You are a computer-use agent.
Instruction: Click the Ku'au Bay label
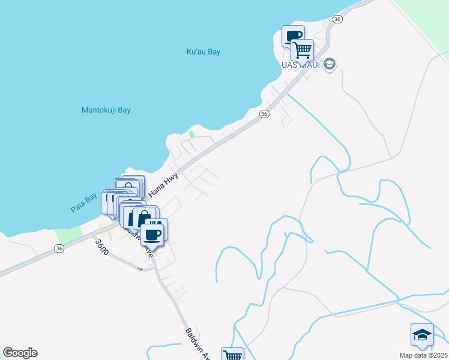(203, 52)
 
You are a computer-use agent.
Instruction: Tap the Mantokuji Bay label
(106, 110)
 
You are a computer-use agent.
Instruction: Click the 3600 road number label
(101, 248)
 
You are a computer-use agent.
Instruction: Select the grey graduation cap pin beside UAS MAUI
(329, 64)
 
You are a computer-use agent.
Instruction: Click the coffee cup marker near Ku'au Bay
(294, 36)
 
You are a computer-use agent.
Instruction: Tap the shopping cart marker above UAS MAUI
(303, 49)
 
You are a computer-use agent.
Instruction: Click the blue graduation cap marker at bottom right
(422, 334)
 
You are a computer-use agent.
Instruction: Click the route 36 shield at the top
(337, 20)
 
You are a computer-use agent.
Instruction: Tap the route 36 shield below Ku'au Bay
(264, 113)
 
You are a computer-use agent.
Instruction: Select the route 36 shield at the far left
(59, 248)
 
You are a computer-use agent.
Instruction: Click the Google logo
(20, 353)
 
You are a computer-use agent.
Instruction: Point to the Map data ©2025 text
(423, 355)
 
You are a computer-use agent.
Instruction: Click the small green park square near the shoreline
(192, 134)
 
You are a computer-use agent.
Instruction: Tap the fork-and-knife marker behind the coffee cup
(158, 226)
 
